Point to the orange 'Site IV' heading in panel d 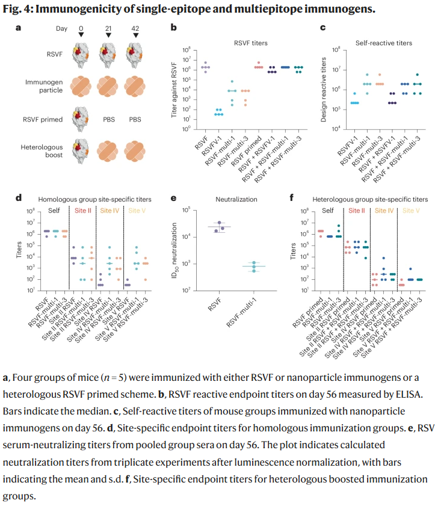coord(109,211)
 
